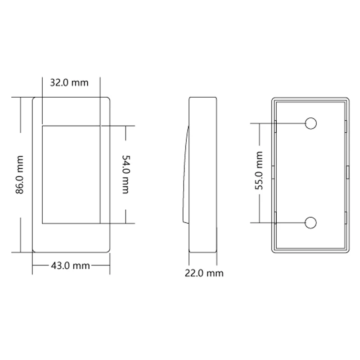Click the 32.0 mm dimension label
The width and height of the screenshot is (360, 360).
tap(69, 82)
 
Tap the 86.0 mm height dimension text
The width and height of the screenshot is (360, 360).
tap(19, 174)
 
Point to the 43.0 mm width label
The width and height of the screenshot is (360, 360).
tap(70, 265)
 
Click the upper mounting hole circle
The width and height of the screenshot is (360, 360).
tap(311, 123)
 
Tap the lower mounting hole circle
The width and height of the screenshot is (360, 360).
tap(311, 222)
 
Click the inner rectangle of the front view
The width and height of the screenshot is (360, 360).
tap(71, 174)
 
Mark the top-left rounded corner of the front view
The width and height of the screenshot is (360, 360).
tap(35, 99)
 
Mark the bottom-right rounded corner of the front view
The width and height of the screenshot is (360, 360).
tap(108, 249)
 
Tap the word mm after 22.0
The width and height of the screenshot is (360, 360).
tap(216, 273)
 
